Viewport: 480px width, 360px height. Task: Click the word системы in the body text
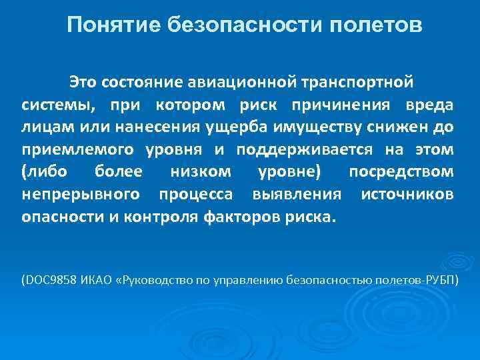54,105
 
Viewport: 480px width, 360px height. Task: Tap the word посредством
401,171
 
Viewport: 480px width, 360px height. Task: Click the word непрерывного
81,194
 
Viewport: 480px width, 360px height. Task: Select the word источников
407,194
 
